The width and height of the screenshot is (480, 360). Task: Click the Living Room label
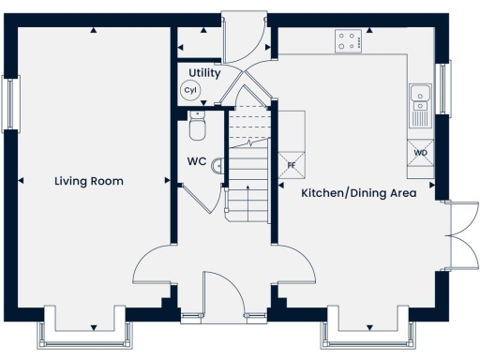(x=88, y=181)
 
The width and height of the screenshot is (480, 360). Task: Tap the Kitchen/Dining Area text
(x=357, y=193)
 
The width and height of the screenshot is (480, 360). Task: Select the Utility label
(x=204, y=72)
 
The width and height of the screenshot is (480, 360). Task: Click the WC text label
(x=196, y=161)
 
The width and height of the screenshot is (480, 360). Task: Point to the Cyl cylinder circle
(x=191, y=90)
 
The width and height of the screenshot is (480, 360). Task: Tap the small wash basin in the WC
(x=219, y=165)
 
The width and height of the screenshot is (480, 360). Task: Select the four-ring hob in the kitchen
(x=350, y=40)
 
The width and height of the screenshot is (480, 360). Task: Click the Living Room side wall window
(x=11, y=104)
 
